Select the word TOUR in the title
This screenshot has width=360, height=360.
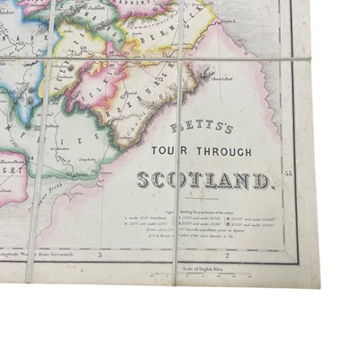click(x=175, y=150)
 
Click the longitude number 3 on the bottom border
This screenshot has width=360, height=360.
click(x=100, y=256)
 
